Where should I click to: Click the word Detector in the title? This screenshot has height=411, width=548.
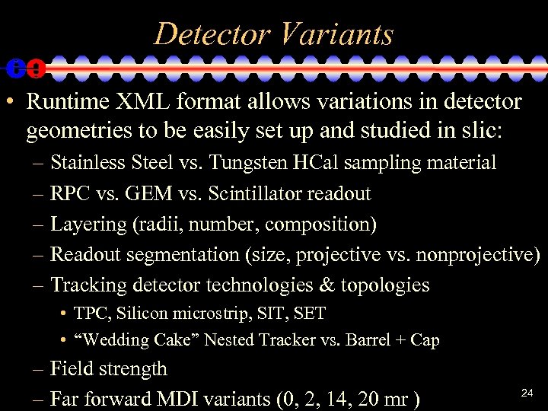[211, 34]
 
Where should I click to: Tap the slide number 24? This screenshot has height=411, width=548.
[527, 393]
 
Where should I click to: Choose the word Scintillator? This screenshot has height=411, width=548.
[255, 193]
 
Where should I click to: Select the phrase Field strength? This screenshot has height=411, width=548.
[108, 369]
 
